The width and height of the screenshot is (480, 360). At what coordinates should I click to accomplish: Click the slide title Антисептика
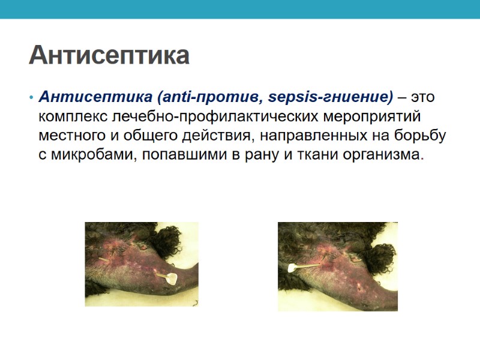click(109, 55)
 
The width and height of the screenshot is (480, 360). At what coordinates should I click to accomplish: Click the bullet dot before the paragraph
click(31, 97)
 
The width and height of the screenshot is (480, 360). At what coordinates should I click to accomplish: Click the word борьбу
click(424, 136)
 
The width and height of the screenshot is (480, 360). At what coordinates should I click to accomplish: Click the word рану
click(264, 155)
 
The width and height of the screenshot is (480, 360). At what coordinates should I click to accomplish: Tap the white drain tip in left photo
click(172, 278)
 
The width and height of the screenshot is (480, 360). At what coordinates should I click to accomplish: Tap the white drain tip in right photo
click(293, 268)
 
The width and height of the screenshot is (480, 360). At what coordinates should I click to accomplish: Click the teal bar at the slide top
click(240, 9)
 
